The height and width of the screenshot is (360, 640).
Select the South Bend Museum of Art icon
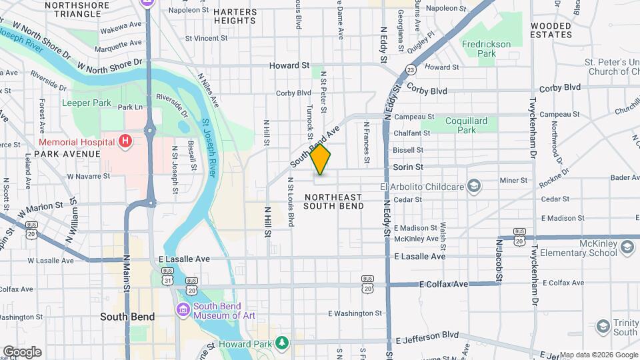(x=183, y=309)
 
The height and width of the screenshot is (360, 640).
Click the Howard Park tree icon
(x=283, y=343)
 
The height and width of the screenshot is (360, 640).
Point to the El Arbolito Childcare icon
(x=474, y=185)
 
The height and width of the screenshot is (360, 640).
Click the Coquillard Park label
(x=467, y=125)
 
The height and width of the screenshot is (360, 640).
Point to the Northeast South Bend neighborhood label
(x=334, y=201)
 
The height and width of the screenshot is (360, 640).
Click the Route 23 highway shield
(x=411, y=69)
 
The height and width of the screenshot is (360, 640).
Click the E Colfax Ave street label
(x=444, y=285)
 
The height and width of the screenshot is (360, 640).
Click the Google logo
(x=22, y=351)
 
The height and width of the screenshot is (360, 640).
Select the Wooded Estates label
(x=551, y=29)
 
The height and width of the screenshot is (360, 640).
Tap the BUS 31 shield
(x=168, y=281)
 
